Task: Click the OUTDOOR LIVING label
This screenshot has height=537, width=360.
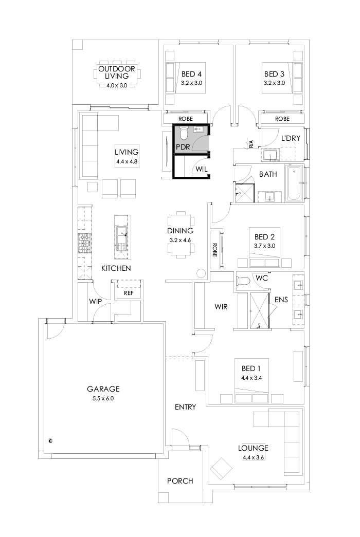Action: (117, 72)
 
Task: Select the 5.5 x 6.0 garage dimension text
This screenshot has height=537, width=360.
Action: (103, 398)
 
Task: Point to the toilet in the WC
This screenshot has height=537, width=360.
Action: (243, 280)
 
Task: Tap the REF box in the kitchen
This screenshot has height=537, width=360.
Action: (128, 293)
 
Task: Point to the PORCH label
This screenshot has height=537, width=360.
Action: (180, 481)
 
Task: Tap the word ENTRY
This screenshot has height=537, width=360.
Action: (185, 407)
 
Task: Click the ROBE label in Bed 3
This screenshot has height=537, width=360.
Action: (282, 119)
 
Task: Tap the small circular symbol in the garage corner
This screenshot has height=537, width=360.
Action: (50, 440)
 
